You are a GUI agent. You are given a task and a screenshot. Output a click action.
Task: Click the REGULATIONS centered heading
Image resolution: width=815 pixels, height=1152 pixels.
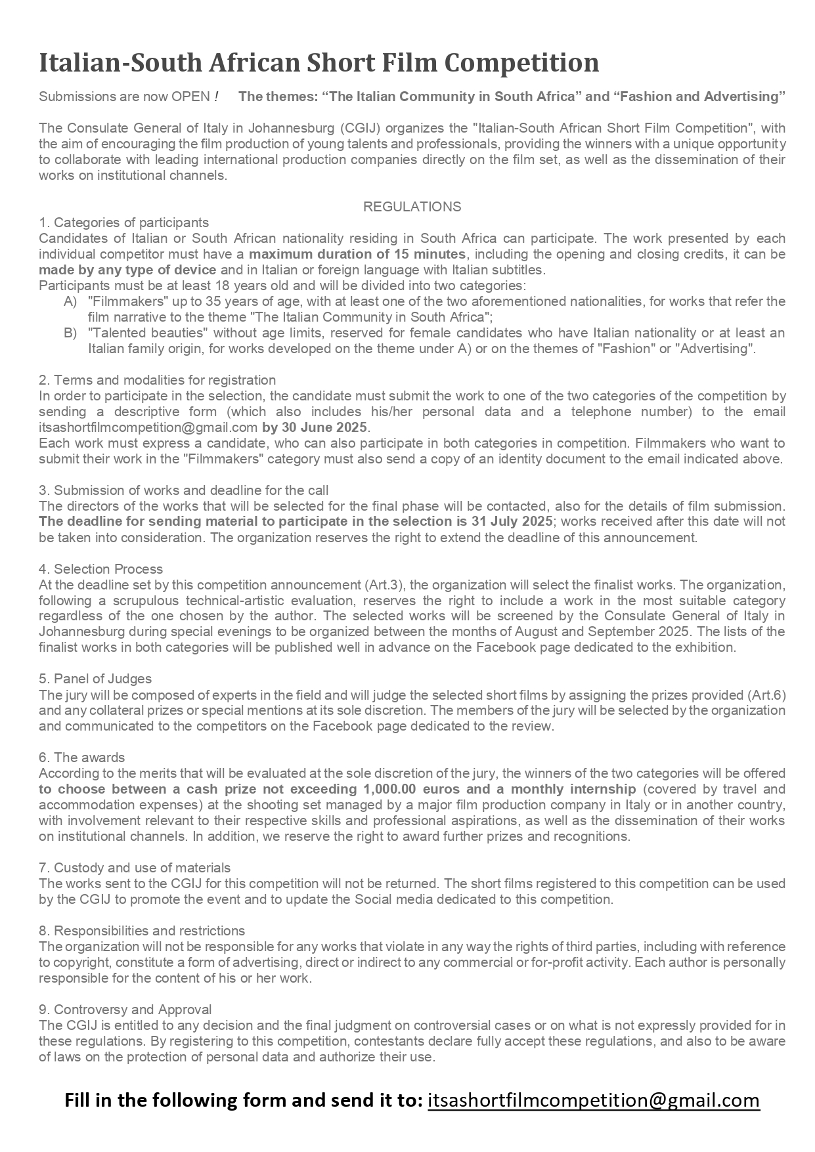coord(412,207)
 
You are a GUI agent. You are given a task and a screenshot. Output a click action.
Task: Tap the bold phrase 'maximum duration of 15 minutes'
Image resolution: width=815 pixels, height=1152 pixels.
coord(357,254)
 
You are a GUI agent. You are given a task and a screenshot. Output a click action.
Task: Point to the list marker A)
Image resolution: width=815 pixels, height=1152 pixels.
coord(70,301)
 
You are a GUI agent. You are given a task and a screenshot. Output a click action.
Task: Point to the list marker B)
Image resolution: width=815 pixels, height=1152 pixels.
coord(70,333)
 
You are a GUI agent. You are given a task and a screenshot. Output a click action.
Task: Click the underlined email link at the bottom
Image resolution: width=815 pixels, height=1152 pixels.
coord(594,1100)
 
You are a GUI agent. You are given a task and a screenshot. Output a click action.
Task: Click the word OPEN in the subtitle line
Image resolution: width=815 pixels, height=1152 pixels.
coord(190,97)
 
